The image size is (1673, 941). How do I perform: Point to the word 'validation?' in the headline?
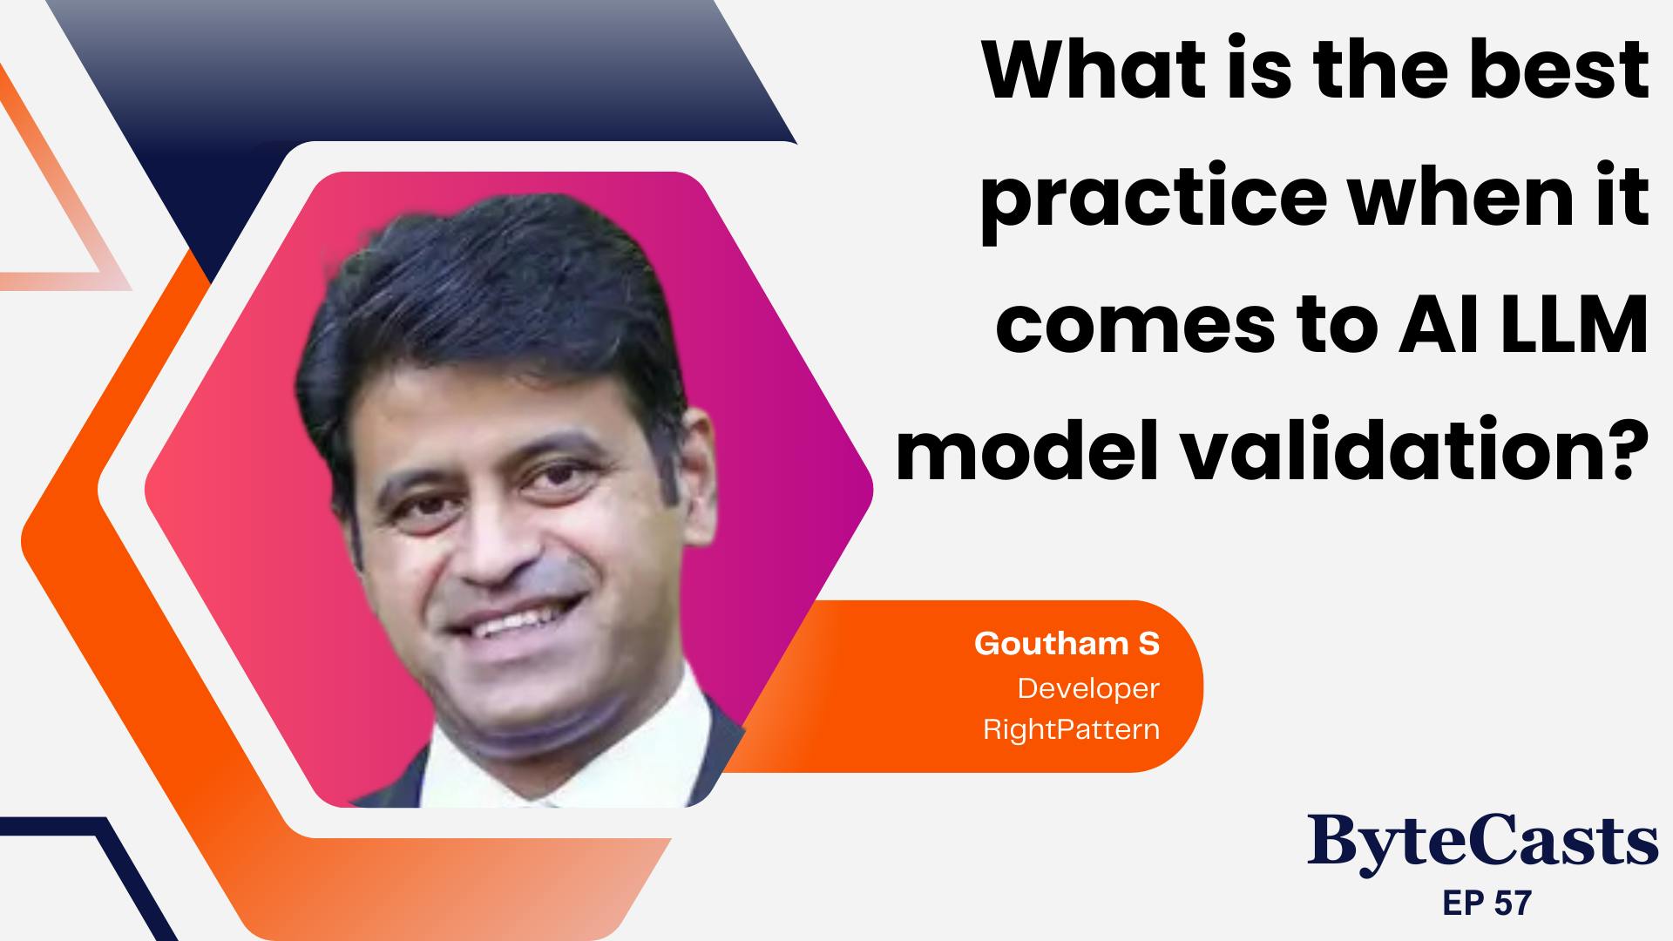(1403, 453)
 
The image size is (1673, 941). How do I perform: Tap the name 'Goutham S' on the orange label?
(1067, 644)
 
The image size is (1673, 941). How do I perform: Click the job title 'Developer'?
(1088, 689)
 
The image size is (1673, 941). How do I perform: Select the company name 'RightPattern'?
(1072, 728)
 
